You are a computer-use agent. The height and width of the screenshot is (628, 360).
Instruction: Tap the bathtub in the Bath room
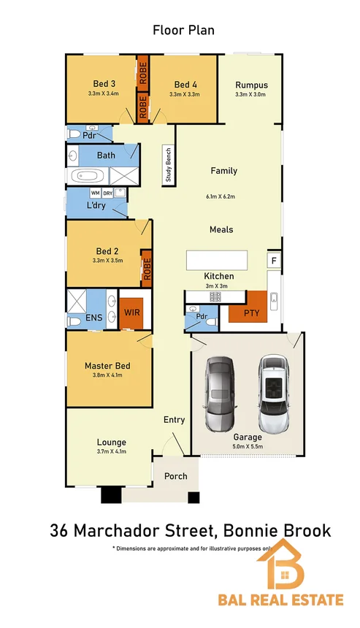88,176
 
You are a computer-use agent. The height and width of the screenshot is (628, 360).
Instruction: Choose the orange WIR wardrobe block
131,313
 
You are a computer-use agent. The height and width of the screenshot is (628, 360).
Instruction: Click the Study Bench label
168,164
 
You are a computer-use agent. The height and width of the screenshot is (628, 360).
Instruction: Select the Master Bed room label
107,365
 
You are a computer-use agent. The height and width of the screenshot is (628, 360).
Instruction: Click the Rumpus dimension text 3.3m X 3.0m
250,94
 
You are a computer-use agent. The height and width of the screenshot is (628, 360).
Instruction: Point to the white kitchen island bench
217,261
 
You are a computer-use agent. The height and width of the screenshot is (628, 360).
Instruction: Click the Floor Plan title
183,30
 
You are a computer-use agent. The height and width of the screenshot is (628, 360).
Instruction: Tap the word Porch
175,476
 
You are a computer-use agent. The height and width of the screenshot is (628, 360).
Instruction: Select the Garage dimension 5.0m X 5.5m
248,446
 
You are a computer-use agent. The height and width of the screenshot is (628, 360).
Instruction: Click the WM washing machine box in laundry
95,193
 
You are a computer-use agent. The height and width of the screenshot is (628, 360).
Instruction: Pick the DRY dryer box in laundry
107,193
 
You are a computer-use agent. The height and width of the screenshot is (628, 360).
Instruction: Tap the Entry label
175,420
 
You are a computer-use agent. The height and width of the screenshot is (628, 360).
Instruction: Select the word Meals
221,229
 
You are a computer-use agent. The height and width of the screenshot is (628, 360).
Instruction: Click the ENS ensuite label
94,318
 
